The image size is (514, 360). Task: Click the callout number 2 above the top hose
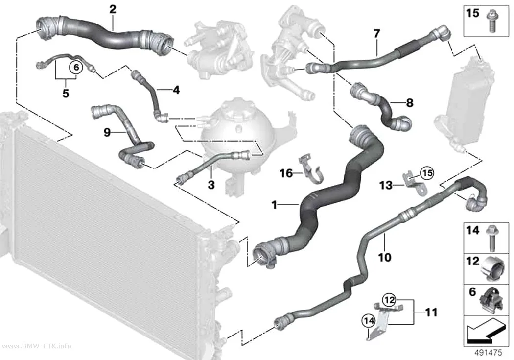tap(113, 9)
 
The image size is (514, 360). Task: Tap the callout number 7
tap(376, 33)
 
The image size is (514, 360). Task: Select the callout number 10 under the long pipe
tap(384, 257)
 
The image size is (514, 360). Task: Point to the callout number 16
tap(286, 173)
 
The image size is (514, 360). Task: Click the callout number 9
tap(107, 132)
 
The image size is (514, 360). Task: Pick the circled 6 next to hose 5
tap(76, 68)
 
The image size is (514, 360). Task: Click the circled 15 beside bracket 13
tap(427, 173)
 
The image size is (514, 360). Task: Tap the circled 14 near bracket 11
tap(369, 321)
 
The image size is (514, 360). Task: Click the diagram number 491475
tap(489, 353)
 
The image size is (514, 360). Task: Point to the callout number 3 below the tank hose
tap(211, 185)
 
